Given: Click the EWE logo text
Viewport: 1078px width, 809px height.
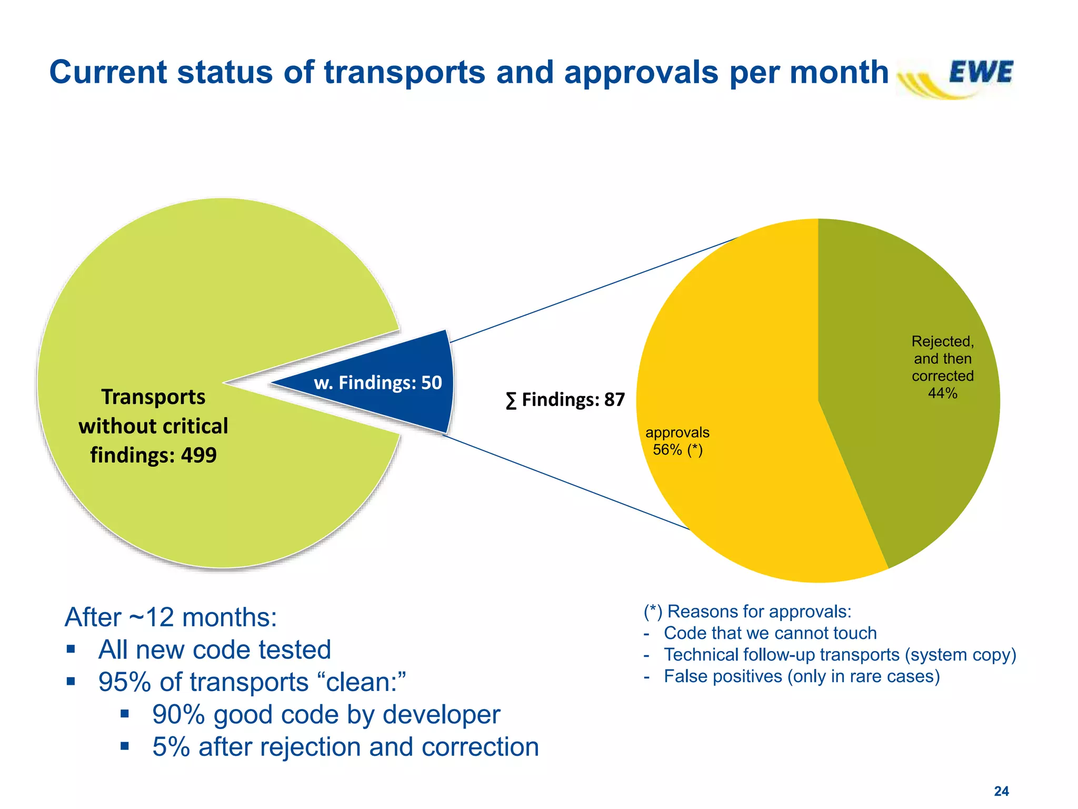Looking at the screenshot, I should [x=981, y=72].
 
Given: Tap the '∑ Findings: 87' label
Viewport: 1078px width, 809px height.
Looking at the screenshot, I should [x=565, y=400].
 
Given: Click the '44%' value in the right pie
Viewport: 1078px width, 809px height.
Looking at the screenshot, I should [x=942, y=393].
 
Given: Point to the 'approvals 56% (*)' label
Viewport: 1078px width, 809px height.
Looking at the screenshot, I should [x=677, y=441].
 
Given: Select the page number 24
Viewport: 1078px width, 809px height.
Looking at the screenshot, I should [x=1001, y=791].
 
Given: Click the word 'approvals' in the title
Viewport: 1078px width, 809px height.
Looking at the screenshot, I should [x=641, y=72].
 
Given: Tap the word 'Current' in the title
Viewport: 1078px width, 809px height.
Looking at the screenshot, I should [x=107, y=72].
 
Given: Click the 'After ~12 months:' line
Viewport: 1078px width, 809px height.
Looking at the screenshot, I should [x=171, y=617].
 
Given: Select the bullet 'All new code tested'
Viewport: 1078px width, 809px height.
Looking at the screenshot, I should [x=214, y=649].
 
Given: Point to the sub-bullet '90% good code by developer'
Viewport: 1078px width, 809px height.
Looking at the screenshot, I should [x=326, y=715].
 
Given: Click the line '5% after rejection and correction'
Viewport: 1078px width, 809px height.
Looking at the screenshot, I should [x=345, y=747].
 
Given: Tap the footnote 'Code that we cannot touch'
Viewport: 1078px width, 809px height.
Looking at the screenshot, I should [x=770, y=633].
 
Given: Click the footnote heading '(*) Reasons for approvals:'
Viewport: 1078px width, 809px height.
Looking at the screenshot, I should [x=747, y=611].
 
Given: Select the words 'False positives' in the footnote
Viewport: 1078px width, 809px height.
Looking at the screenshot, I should [x=723, y=676].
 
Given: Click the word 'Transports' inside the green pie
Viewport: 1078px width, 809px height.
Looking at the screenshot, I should [x=153, y=397].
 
